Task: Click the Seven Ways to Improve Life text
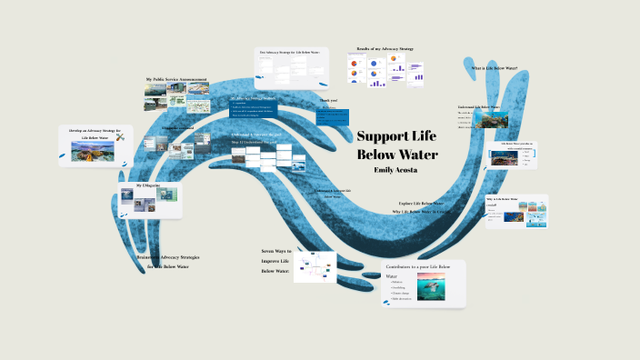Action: coord(275,261)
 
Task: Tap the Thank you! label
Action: coord(327,100)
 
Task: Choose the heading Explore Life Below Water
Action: coord(422,203)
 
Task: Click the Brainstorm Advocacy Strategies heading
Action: coord(167,257)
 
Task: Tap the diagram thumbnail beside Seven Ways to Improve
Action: coord(315,266)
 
